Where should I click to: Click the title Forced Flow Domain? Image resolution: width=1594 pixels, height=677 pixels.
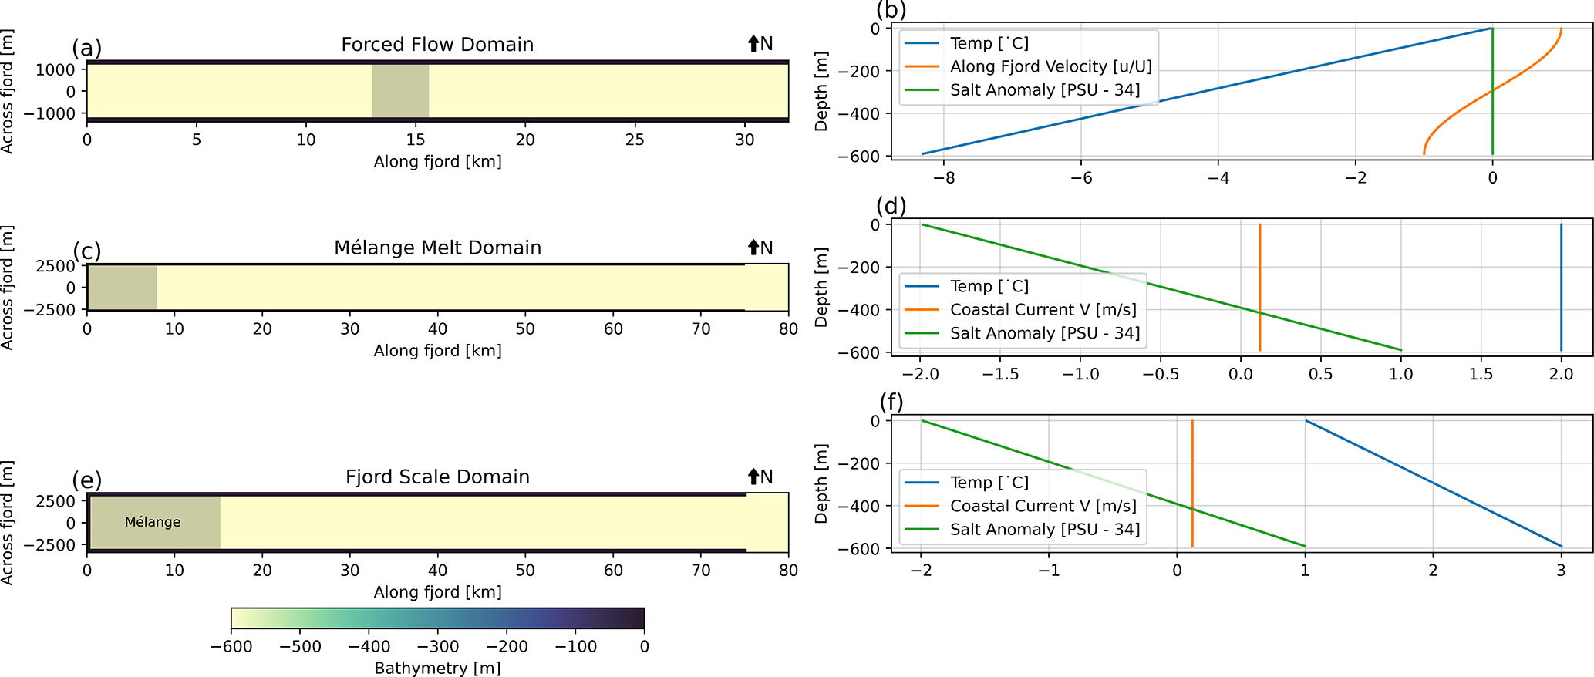coord(437,45)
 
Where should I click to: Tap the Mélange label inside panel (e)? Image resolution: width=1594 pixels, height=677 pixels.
coord(153,522)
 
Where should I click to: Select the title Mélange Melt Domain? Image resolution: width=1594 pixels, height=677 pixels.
coord(437,248)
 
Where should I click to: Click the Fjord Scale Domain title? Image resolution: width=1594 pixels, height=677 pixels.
coord(437,477)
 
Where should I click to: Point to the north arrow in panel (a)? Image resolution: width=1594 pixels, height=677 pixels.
coord(754,44)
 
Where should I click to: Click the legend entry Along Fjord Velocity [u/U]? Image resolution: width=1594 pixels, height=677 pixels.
coord(1050,67)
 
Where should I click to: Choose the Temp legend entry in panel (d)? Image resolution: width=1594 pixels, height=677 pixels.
coord(989,286)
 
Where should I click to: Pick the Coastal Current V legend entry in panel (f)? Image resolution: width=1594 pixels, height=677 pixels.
coord(1043,506)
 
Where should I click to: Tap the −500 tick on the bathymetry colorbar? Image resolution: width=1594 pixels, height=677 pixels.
coord(300,647)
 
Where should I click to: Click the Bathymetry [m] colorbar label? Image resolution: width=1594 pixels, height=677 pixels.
coord(437,668)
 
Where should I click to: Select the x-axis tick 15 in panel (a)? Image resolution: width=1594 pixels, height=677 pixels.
coord(416,140)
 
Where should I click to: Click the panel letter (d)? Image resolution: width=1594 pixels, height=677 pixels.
coord(891,206)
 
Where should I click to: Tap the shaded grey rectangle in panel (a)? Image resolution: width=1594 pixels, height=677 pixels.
coord(400,91)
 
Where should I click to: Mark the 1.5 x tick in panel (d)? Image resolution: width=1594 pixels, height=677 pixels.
coord(1481,374)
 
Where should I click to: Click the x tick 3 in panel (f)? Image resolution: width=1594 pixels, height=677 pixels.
coord(1561,571)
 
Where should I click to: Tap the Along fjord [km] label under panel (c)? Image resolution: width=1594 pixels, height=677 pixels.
coord(437,351)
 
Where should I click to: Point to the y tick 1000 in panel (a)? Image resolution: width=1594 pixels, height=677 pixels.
coord(55,69)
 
